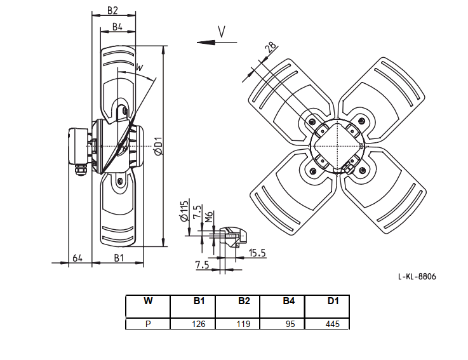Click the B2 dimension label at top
[113, 10]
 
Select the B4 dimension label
[117, 27]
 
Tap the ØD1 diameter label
[159, 146]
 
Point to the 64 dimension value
[77, 258]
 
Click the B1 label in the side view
[119, 258]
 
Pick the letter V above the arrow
[221, 32]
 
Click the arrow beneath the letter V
[217, 43]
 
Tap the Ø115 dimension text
[184, 211]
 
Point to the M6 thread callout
[209, 217]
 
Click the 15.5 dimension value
[257, 253]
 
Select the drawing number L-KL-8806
[417, 277]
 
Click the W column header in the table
[148, 301]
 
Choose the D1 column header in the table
[333, 301]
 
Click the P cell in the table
[148, 324]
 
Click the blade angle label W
[140, 67]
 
